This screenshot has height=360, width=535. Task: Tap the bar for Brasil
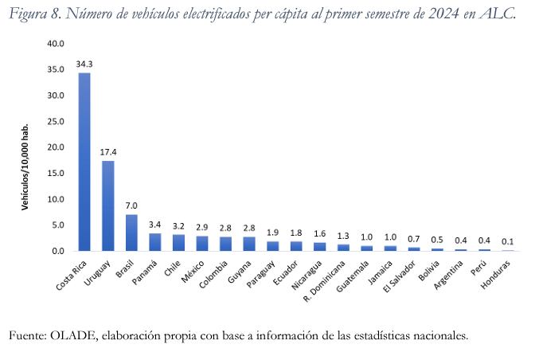[131, 233]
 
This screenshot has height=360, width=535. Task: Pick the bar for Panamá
[155, 242]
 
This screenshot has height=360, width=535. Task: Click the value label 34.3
[84, 65]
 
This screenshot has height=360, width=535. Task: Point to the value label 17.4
[107, 152]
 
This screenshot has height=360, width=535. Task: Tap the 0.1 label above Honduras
[506, 241]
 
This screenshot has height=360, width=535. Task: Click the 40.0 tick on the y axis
[54, 44]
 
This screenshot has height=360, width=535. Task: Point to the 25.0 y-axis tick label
[54, 121]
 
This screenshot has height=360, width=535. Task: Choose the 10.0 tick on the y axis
[54, 199]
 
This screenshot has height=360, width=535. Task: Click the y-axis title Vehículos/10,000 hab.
[26, 167]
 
